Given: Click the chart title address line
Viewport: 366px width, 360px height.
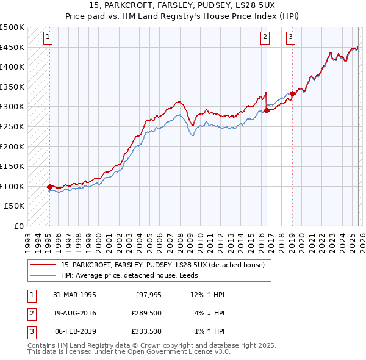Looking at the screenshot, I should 182,7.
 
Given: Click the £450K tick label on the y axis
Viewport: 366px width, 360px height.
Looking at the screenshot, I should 13,47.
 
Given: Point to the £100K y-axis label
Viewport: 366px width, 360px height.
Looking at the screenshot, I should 13,186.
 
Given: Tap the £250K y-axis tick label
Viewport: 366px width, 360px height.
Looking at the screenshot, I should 13,126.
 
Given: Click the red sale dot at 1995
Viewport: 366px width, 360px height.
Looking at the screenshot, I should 49,187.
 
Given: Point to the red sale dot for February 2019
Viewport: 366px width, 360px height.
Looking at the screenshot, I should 292,93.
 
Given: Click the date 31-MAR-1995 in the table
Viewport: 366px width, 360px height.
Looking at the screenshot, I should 74,295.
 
